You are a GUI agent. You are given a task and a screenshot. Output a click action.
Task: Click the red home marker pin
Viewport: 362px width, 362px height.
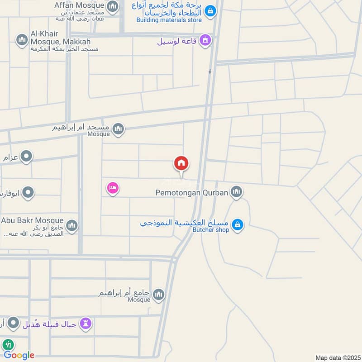click(x=181, y=164)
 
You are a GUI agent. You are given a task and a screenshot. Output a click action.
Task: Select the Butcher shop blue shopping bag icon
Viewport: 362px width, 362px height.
click(x=237, y=224)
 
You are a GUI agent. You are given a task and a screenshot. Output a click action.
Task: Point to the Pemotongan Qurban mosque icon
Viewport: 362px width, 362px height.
click(x=236, y=193)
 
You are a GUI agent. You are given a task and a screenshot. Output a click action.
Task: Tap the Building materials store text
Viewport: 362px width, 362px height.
click(x=169, y=20)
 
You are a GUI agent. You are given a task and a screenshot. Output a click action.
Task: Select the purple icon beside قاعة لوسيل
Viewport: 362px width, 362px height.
click(x=205, y=41)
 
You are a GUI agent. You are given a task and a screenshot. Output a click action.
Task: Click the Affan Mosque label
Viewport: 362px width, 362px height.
click(x=79, y=5)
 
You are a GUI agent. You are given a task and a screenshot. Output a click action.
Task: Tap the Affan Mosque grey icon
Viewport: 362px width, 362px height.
click(x=113, y=6)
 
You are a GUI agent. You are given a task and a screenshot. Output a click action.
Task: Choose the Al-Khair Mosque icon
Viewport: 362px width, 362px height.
click(x=21, y=41)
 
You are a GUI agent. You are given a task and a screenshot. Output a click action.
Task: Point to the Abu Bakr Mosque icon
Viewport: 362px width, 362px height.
click(x=72, y=225)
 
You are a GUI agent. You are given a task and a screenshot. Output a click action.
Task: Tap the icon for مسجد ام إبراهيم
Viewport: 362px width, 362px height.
click(x=118, y=129)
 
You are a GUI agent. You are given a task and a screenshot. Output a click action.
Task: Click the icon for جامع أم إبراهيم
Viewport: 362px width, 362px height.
click(x=158, y=295)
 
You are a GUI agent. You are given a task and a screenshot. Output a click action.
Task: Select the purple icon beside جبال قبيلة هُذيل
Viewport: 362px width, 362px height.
click(x=86, y=323)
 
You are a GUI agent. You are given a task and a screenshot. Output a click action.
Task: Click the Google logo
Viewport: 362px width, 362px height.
click(x=19, y=355)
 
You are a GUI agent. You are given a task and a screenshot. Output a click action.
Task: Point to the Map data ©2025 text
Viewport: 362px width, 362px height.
click(x=337, y=358)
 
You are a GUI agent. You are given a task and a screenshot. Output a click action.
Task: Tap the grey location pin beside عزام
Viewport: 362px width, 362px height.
click(x=28, y=157)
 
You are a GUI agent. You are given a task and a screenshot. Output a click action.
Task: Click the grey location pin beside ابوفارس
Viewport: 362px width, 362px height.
click(x=28, y=193)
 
